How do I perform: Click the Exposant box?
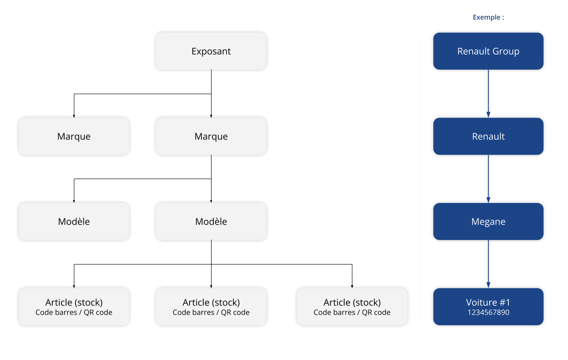(x=211, y=51)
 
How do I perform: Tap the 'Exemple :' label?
(x=488, y=17)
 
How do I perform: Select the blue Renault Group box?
(x=488, y=51)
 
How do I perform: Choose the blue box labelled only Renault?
(x=488, y=136)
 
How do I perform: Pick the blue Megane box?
(x=488, y=221)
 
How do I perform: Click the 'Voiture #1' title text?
(x=488, y=302)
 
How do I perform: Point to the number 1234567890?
(x=488, y=313)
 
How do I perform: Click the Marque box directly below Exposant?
(x=211, y=136)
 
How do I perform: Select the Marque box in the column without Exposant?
(x=74, y=136)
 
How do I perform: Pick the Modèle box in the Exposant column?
(x=211, y=221)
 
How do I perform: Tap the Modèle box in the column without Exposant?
(x=74, y=221)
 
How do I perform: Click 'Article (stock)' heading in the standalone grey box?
(x=352, y=302)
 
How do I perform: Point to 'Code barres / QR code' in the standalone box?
(x=352, y=313)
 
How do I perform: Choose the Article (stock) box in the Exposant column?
(x=211, y=307)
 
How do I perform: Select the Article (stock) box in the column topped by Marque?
(x=74, y=307)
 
